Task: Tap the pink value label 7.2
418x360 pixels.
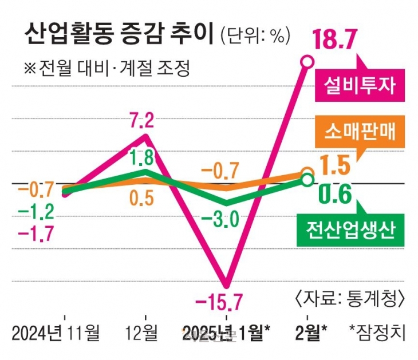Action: pos(141,121)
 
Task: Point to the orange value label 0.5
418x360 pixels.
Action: pos(141,198)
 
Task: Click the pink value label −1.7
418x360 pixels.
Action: pos(36,234)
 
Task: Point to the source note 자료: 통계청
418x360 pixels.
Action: pos(351,298)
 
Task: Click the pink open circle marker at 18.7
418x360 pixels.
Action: pos(307,61)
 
